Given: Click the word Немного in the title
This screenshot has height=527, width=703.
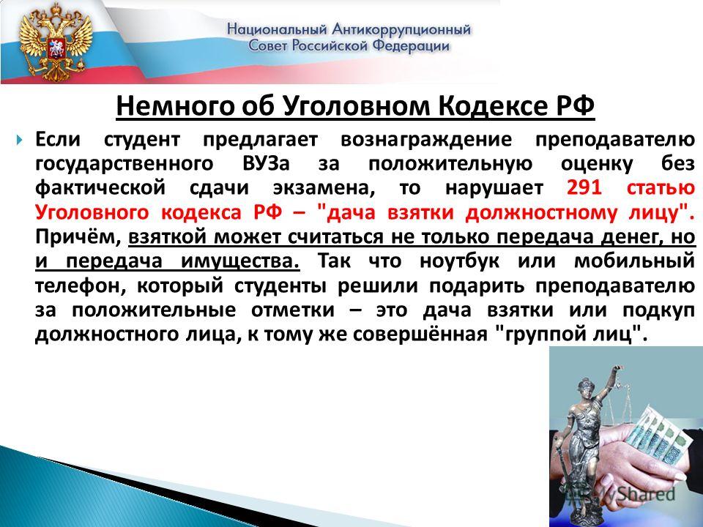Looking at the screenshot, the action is point(175,107).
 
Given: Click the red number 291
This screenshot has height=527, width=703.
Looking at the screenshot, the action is point(584,187).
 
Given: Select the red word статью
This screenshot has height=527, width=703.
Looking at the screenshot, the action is point(661,187).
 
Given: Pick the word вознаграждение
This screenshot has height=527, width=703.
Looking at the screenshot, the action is point(426,140).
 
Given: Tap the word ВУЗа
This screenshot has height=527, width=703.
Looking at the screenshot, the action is point(267,163).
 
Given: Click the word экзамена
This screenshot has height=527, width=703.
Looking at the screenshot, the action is point(324,188).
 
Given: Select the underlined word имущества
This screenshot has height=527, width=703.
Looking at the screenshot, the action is point(240,261).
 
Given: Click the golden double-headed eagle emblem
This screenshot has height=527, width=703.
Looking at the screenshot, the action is point(56,42).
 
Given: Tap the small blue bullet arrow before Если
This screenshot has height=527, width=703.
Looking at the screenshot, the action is point(19,141).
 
